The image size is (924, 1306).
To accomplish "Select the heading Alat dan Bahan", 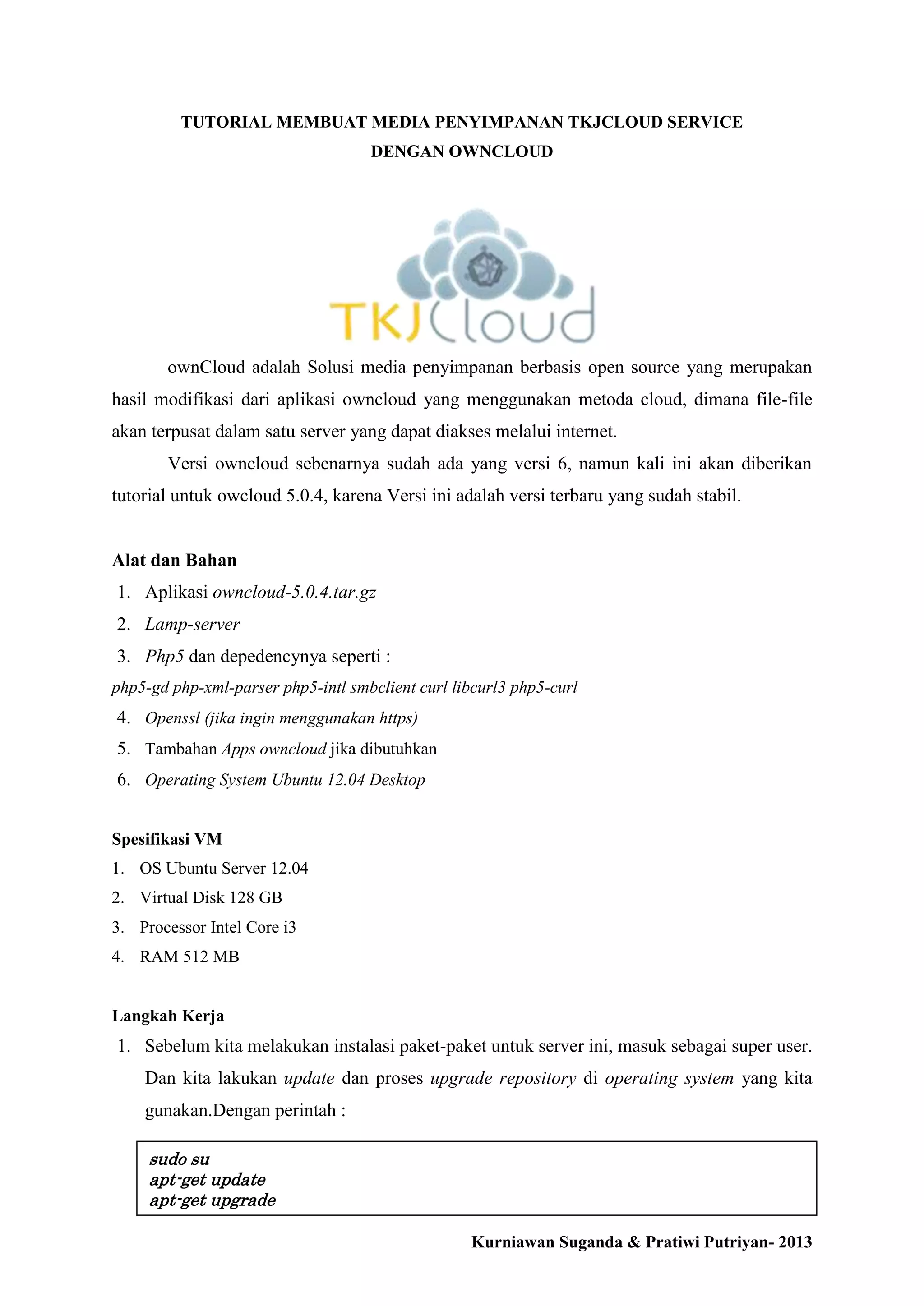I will tap(174, 560).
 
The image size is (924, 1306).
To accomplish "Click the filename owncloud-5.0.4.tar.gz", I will tap(294, 592).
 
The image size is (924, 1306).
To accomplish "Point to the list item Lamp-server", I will tap(192, 624).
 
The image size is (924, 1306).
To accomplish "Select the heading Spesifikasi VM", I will tap(166, 839).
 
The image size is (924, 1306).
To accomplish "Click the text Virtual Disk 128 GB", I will tap(211, 897).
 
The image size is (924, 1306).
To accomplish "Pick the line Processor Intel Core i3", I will tap(218, 927).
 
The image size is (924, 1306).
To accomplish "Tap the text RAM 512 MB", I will tap(189, 957).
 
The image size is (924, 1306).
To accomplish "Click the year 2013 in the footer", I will tap(795, 1242).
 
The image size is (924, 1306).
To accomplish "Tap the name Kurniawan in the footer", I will tap(513, 1242).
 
